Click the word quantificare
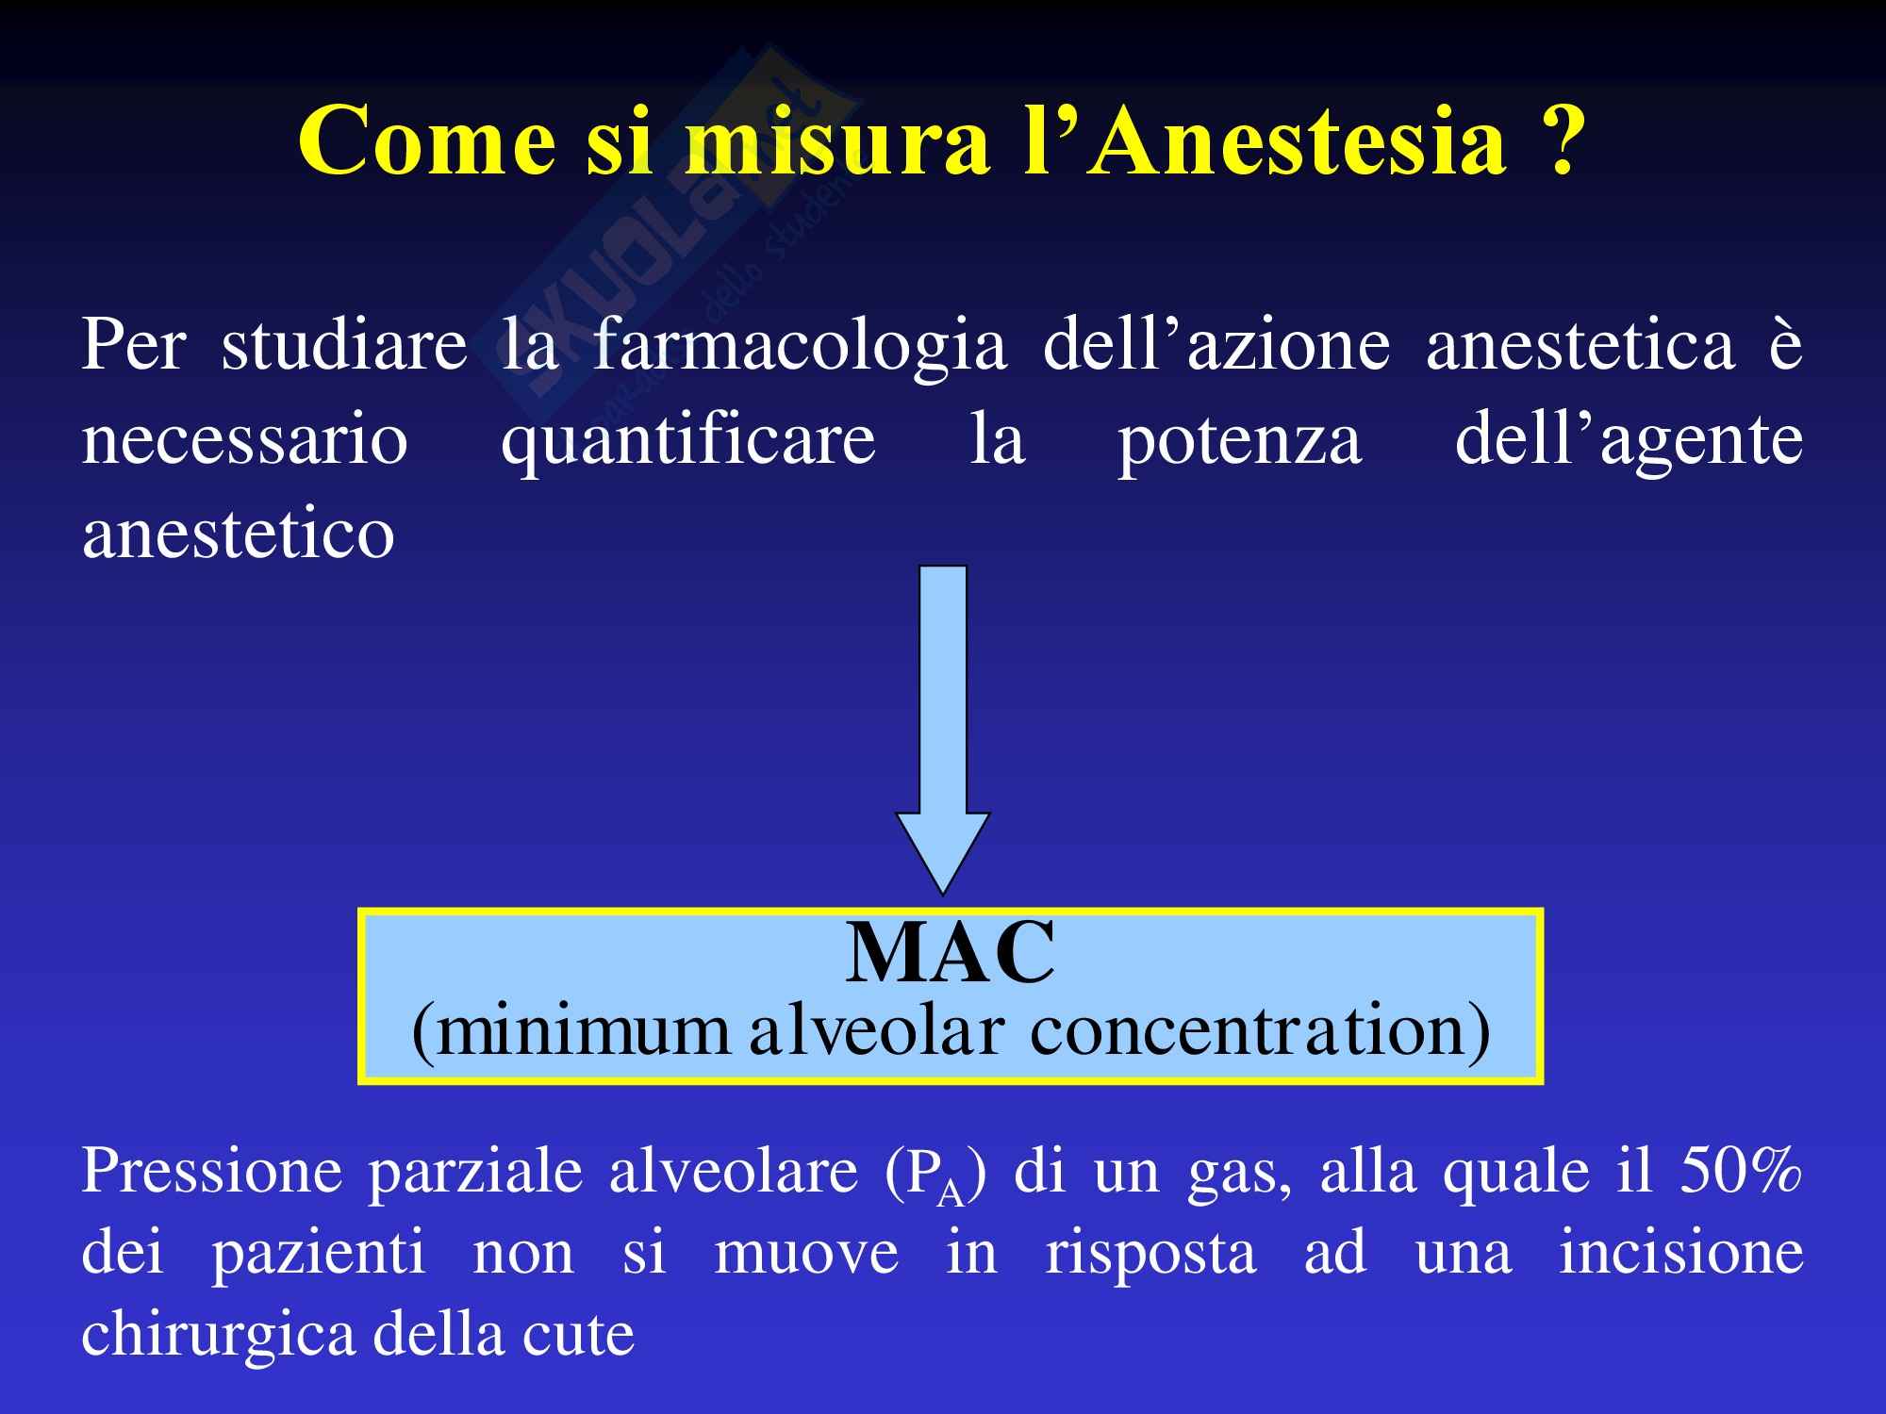click(688, 441)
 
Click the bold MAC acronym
click(950, 954)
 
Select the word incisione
click(1680, 1254)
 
